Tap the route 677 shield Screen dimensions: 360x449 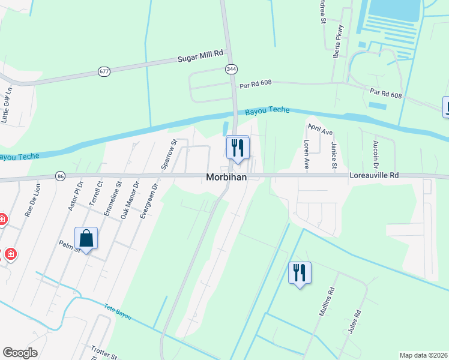click(104, 71)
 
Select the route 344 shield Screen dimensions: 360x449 click(232, 70)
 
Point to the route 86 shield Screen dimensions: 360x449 click(59, 176)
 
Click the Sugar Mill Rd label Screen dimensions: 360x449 click(200, 56)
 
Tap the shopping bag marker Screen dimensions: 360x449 click(86, 238)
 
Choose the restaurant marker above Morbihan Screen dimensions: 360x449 click(237, 148)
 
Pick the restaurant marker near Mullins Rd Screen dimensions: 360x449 click(300, 273)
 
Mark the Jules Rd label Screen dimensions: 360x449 click(357, 322)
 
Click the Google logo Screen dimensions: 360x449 click(20, 353)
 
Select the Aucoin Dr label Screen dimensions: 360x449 click(376, 154)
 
